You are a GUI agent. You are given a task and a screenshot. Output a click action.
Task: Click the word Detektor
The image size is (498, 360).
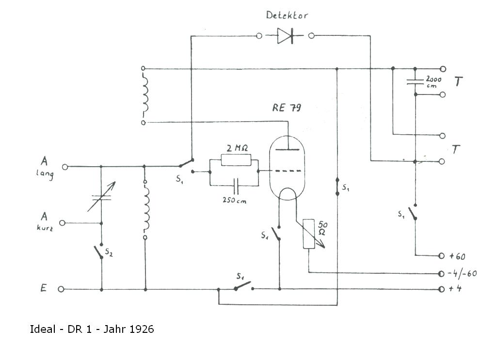287,15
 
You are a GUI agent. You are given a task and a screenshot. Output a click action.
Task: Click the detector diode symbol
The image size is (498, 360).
285,36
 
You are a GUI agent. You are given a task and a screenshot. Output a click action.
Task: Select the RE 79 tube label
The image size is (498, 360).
287,108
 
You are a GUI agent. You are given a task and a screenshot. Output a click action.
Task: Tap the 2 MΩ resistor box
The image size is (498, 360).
236,160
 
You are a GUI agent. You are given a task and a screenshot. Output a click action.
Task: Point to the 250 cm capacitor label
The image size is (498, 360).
234,200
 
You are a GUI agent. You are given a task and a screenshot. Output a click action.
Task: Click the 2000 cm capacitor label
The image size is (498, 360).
433,81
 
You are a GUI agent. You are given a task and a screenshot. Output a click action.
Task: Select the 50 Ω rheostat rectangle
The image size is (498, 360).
309,234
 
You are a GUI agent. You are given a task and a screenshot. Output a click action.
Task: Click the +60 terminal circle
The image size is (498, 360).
441,255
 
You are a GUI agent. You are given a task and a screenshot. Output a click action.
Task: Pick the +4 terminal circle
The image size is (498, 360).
441,289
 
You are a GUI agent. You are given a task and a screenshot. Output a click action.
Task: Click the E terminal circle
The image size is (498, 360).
61,289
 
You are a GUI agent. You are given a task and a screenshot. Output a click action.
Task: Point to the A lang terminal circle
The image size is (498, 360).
65,167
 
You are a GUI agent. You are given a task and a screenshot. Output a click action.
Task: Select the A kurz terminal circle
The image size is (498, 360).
62,223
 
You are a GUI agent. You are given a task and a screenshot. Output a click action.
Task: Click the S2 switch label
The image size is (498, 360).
109,252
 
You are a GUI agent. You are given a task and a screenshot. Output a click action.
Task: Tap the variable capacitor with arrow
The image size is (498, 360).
101,197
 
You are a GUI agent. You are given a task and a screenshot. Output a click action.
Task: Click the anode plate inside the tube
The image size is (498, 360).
287,149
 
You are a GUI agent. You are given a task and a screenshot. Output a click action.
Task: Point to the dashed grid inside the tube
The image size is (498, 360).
288,171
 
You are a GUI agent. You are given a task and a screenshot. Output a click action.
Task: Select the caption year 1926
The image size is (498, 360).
142,329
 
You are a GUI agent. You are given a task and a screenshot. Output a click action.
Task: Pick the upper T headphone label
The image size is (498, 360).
458,81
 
